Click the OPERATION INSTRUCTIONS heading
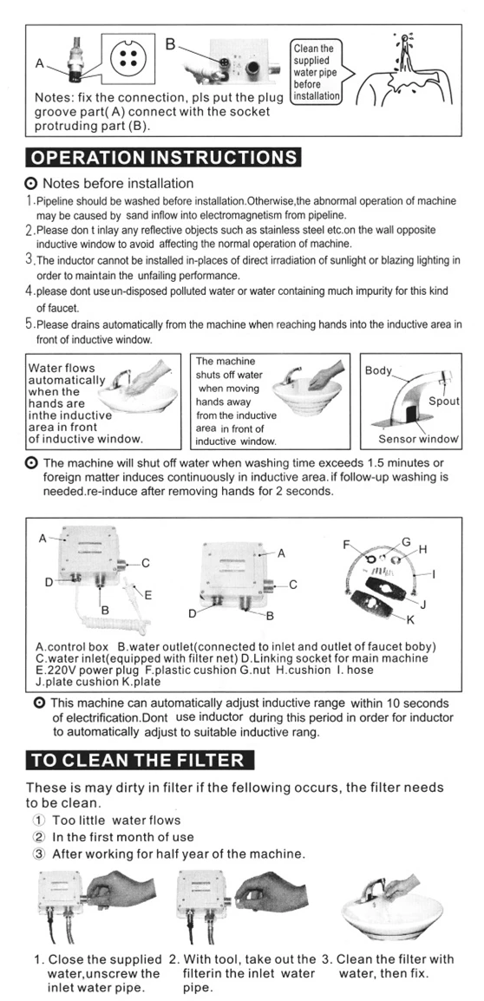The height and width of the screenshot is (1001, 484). [162, 157]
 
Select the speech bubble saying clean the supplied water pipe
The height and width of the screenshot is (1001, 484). [316, 71]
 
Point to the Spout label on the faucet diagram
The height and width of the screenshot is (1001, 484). [443, 402]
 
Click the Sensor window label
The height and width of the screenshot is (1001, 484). [418, 439]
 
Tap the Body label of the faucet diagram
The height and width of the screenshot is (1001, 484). [378, 370]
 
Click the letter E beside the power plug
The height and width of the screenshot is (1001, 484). [148, 595]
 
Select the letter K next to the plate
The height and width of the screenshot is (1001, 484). [410, 618]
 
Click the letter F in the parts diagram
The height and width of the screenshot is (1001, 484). [347, 546]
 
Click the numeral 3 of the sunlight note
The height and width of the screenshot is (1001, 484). [29, 259]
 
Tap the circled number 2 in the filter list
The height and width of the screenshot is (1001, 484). [40, 837]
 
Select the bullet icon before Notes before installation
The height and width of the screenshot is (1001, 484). [30, 185]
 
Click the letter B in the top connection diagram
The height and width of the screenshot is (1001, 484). [170, 44]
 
